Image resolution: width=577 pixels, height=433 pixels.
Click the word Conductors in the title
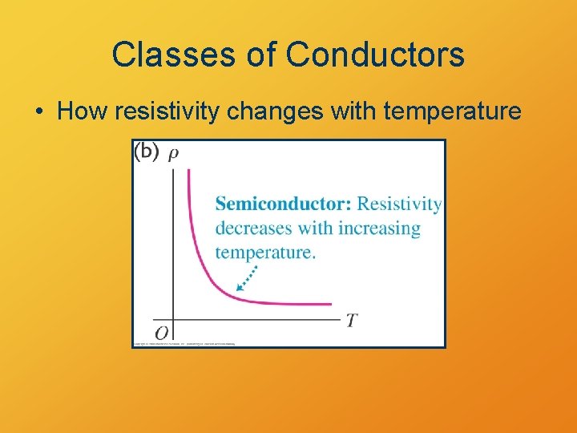tap(374, 55)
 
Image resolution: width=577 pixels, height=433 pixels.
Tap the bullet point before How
tap(39, 111)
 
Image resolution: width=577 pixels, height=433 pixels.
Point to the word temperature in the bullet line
tap(453, 111)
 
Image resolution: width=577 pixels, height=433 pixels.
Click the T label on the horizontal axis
tap(351, 321)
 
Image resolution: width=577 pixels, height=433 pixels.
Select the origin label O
tap(162, 332)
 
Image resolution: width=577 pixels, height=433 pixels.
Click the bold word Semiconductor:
tap(283, 204)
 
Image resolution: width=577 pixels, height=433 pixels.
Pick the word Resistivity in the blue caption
tap(399, 204)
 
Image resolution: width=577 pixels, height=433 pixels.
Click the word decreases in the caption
tap(254, 229)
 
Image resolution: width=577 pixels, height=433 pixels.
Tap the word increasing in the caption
tap(379, 229)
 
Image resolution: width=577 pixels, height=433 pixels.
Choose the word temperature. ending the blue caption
tap(265, 253)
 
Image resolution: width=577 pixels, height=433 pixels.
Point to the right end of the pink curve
tap(330, 304)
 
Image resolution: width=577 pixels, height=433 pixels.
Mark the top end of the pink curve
tap(188, 170)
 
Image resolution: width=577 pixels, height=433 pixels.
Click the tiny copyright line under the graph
tap(184, 343)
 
